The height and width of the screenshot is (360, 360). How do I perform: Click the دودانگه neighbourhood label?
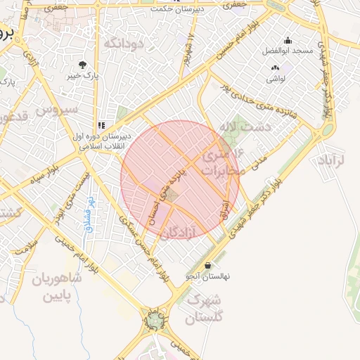[x=124, y=44]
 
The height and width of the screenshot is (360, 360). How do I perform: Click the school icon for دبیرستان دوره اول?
[x=101, y=125]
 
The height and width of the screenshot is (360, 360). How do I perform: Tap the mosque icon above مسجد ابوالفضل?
[x=287, y=41]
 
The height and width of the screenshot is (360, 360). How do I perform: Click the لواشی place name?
[x=276, y=79]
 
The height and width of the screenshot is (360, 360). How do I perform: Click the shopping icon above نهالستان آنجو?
[x=207, y=266]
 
